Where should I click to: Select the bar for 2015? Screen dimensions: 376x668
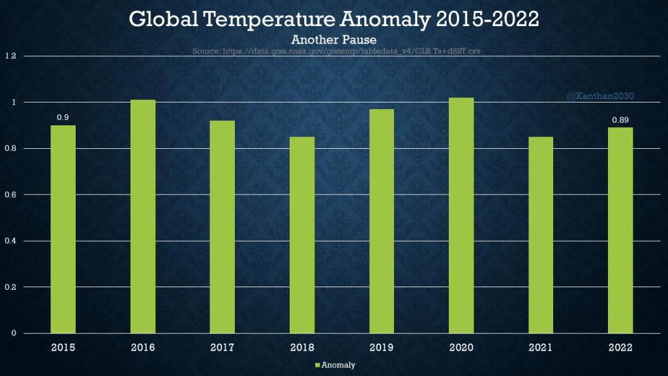[63, 229]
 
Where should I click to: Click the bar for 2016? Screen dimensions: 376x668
[143, 217]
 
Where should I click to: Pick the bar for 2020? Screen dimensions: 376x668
[461, 215]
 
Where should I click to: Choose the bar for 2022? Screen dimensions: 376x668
[620, 230]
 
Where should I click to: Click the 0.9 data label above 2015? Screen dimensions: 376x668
[63, 117]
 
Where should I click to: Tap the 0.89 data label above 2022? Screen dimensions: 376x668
[620, 119]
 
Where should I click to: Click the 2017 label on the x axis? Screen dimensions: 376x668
[222, 347]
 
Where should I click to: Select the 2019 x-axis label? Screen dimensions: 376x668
[382, 347]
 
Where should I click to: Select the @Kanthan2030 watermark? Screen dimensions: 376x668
[600, 96]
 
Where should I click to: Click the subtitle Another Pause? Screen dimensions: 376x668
[333, 40]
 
